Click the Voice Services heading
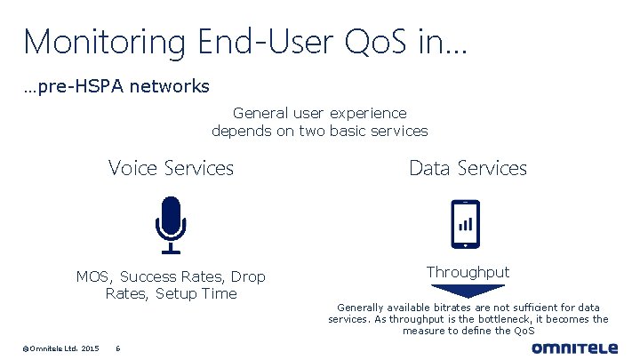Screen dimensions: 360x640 (171, 167)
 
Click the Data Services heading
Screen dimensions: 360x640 (468, 167)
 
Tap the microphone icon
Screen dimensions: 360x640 (170, 221)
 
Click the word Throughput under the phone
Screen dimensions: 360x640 (468, 271)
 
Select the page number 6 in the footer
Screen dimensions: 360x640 (118, 348)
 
